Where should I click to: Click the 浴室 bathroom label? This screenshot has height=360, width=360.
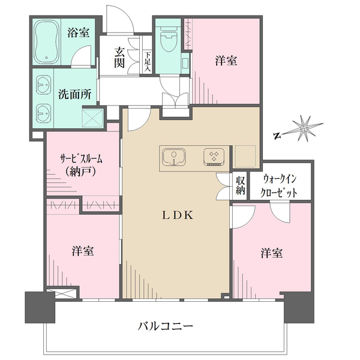79,32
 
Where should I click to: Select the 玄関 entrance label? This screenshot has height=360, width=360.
120,56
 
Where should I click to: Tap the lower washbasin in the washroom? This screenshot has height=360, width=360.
43,112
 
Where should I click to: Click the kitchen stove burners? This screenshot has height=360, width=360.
213,157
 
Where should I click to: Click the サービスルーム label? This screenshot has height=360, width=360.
81,159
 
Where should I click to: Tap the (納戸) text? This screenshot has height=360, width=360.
81,172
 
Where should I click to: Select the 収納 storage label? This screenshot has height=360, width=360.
240,185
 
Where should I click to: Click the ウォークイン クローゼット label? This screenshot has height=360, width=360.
280,185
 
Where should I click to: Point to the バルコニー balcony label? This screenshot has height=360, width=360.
165,327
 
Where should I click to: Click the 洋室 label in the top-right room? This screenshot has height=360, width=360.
226,61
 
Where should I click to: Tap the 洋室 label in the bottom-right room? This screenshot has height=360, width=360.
271,253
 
